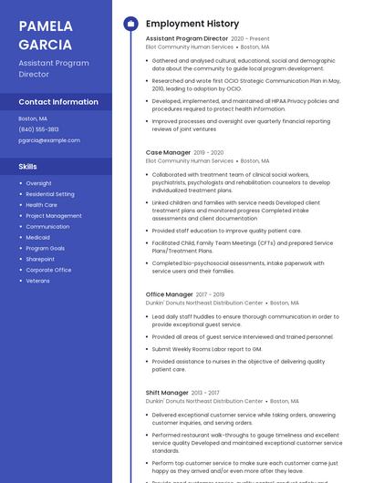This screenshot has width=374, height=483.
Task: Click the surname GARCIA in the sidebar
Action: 45,44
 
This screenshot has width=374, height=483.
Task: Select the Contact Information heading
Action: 58,101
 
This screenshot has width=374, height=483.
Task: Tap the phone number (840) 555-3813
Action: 38,129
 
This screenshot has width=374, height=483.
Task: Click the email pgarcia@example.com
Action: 49,140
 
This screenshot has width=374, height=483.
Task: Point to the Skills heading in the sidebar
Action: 28,167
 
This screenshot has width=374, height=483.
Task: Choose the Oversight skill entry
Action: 38,183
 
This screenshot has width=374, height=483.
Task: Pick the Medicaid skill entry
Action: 38,237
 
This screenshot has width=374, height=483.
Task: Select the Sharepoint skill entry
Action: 40,259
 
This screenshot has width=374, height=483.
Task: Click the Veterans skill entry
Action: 38,281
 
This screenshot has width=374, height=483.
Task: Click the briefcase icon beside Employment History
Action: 130,23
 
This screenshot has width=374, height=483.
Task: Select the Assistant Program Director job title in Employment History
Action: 186,39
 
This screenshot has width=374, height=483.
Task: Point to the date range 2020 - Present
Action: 250,39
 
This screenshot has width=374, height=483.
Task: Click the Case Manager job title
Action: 168,152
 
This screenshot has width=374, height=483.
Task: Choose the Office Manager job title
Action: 169,294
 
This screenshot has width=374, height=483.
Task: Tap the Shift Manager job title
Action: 167,393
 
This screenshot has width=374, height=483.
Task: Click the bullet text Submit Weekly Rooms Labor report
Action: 206,349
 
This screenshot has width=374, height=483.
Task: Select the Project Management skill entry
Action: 53,216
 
